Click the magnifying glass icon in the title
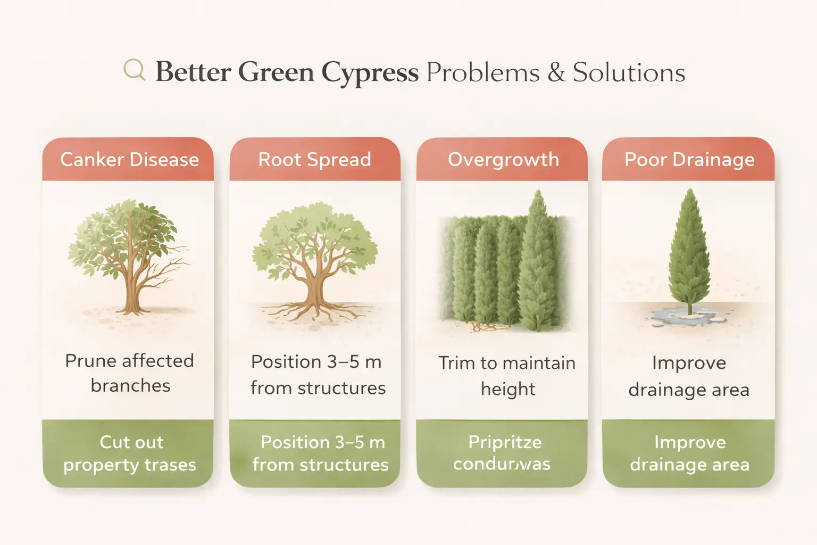(134, 70)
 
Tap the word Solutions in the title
(629, 72)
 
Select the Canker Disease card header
(129, 160)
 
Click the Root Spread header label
(314, 160)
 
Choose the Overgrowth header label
(503, 160)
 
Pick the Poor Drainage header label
(689, 160)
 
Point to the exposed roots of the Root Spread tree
(314, 311)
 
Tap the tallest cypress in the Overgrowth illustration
(538, 266)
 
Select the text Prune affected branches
(129, 373)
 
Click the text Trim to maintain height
(507, 375)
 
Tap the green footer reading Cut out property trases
(129, 453)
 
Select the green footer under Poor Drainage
(689, 453)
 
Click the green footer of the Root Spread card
(319, 453)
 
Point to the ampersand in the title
(556, 72)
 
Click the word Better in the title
(193, 72)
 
